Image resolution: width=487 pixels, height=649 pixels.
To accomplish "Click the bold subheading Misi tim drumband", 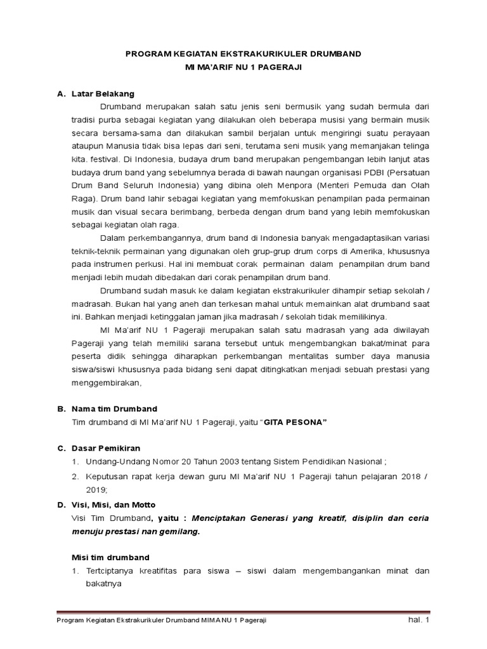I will [x=109, y=557].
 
